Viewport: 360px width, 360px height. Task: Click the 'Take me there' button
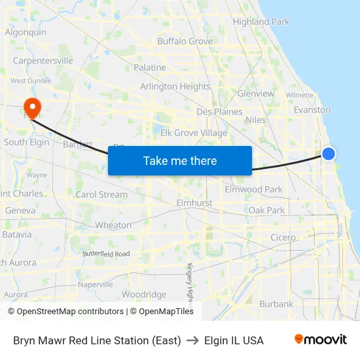(180, 161)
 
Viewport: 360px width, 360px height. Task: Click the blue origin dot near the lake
(329, 154)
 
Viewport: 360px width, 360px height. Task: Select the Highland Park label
(261, 22)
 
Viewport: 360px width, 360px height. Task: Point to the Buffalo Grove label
(185, 41)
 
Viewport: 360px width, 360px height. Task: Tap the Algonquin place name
(26, 32)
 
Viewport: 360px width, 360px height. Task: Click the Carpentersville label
(43, 61)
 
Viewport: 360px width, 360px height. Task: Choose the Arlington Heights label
(175, 86)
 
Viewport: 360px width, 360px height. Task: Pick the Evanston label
(312, 110)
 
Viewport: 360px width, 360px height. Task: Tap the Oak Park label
(266, 210)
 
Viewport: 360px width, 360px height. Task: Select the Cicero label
(283, 238)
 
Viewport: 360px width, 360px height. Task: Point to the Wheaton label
(113, 225)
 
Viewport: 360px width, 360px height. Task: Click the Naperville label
(96, 285)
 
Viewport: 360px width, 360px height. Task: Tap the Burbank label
(276, 304)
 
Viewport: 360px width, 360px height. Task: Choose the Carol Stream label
(101, 194)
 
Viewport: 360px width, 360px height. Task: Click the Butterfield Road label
(106, 253)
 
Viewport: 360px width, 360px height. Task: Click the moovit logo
(321, 340)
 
